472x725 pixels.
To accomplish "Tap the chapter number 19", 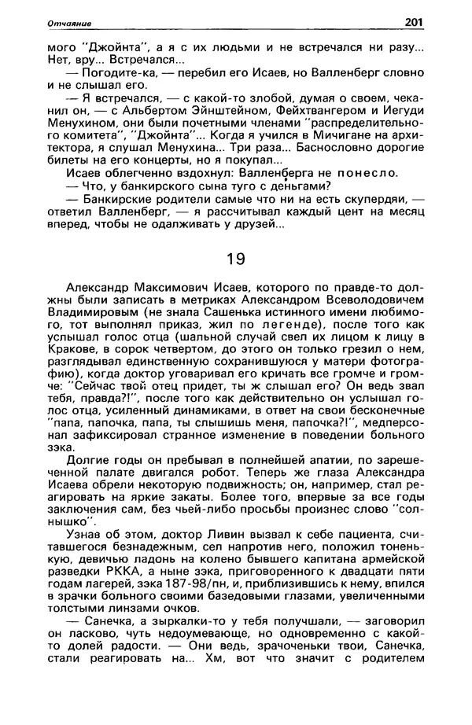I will [x=235, y=258].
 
